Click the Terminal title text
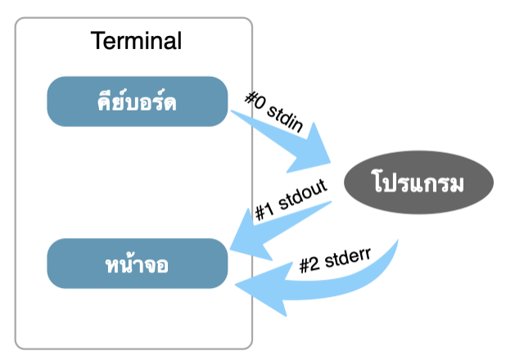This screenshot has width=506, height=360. pyautogui.click(x=136, y=40)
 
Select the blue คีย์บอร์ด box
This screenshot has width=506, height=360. pyautogui.click(x=137, y=101)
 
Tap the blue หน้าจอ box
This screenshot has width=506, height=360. pyautogui.click(x=137, y=263)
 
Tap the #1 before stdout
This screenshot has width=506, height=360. pyautogui.click(x=264, y=213)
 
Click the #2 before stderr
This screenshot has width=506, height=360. pyautogui.click(x=309, y=263)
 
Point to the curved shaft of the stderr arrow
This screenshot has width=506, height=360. pyautogui.click(x=344, y=286)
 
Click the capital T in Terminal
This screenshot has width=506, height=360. pyautogui.click(x=96, y=40)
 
